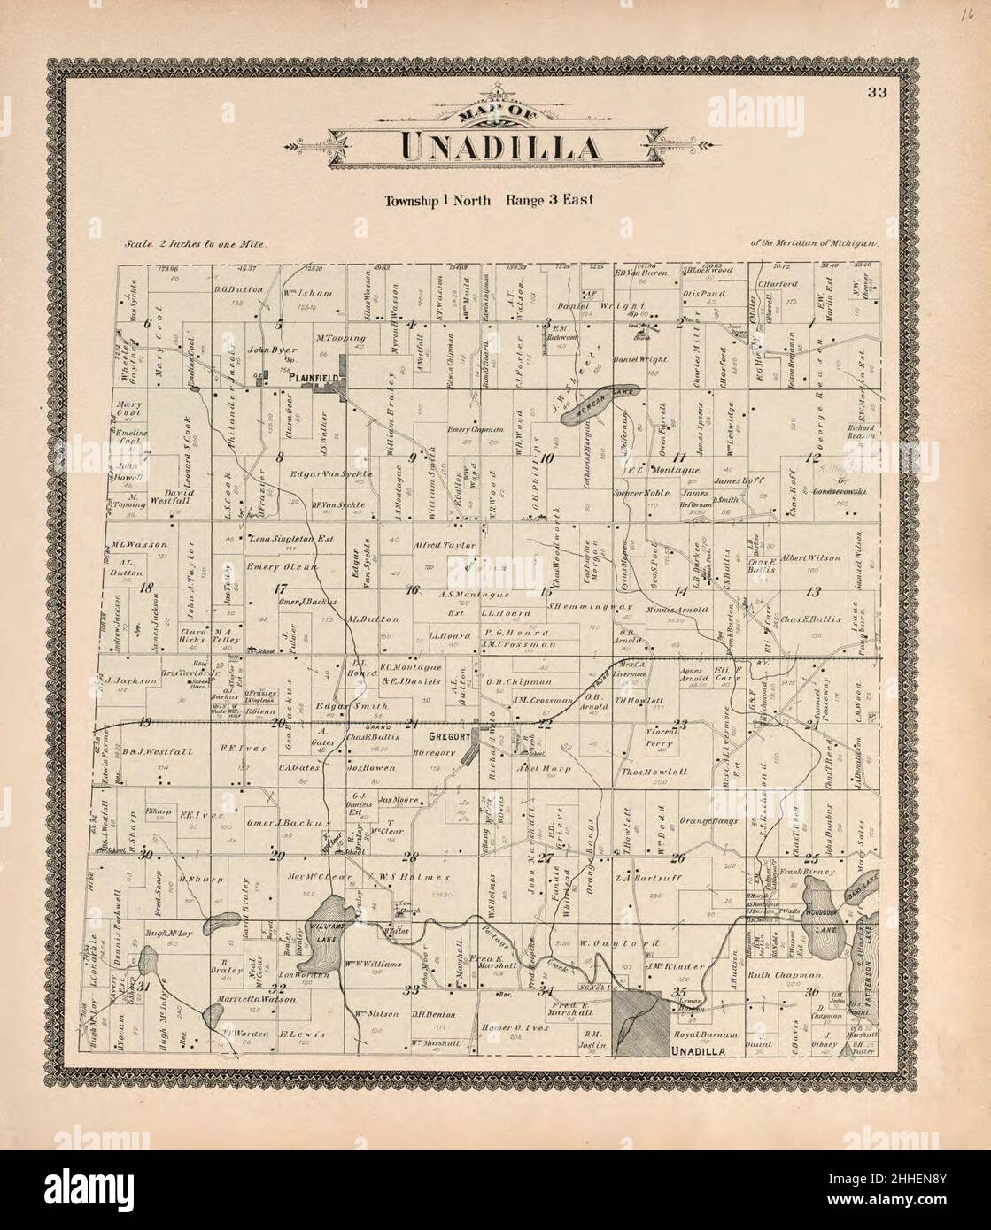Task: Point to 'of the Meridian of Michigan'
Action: click(x=812, y=242)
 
